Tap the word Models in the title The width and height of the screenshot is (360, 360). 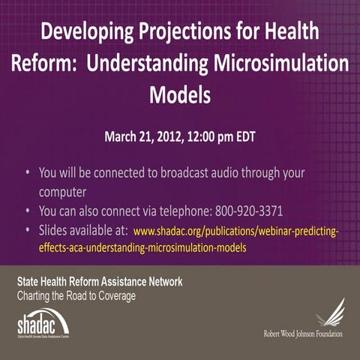point(180,95)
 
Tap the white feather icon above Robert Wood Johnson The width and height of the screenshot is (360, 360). point(329,312)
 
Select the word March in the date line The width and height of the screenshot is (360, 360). point(122,137)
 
